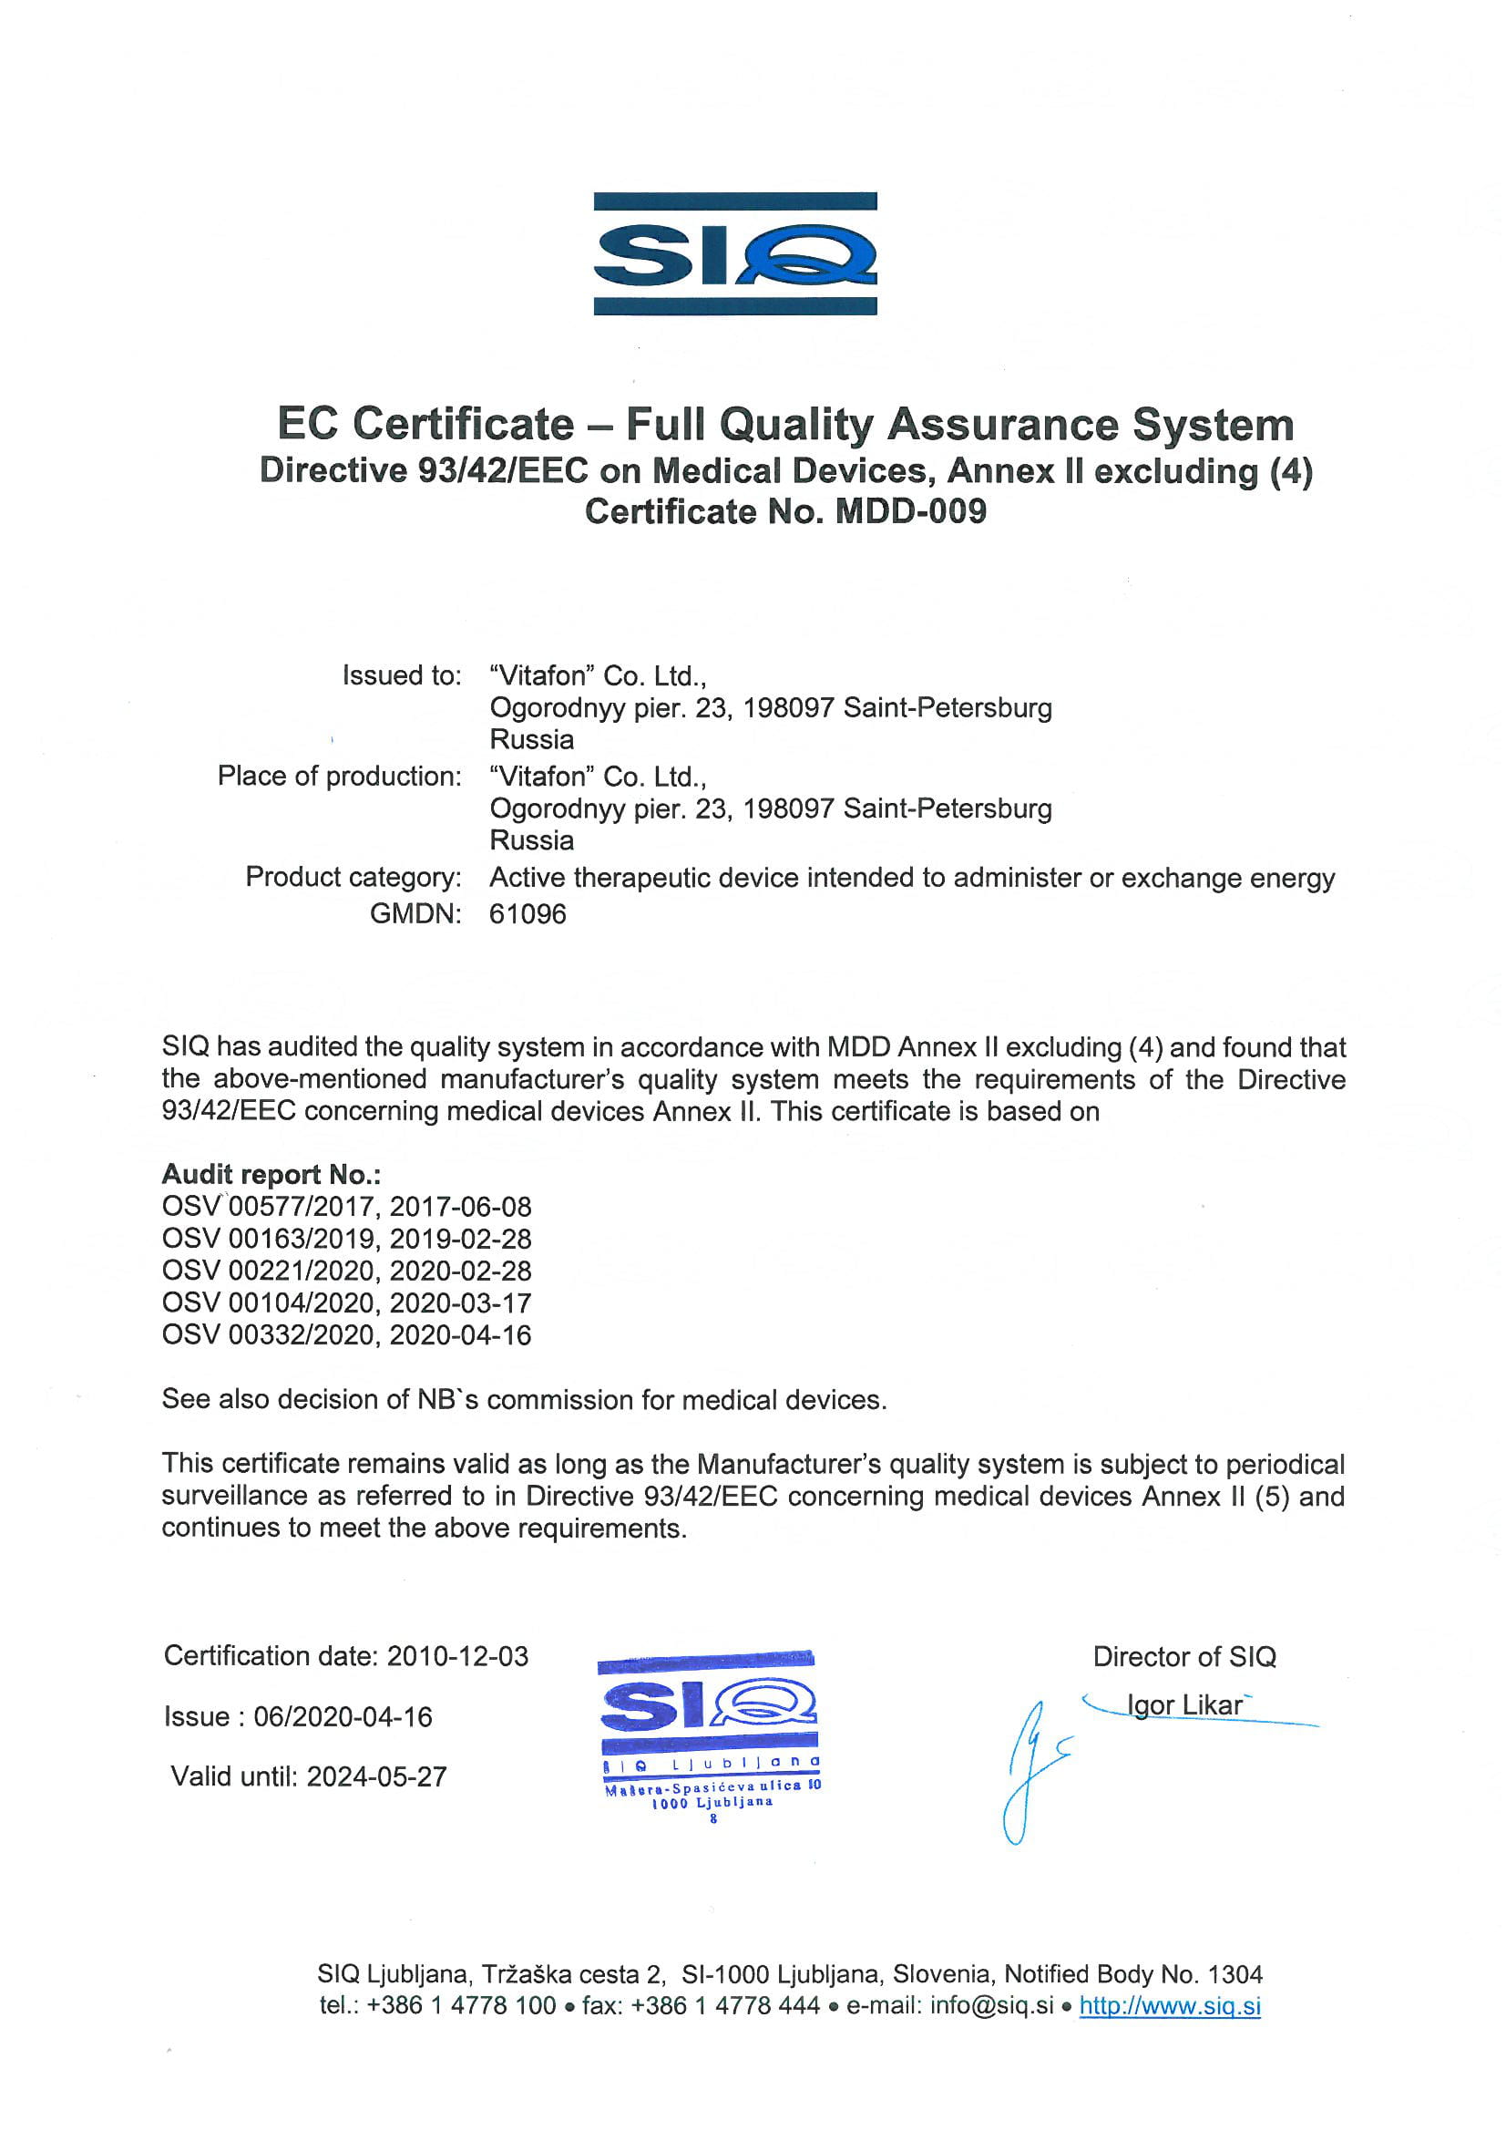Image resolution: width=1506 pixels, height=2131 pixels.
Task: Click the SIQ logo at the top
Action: tap(735, 253)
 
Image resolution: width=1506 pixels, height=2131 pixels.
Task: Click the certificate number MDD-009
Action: tap(910, 511)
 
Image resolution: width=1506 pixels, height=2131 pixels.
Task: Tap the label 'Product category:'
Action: tap(353, 877)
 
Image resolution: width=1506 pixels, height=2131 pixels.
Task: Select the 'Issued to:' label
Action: tap(401, 675)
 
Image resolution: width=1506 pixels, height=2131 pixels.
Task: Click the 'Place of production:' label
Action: tap(339, 776)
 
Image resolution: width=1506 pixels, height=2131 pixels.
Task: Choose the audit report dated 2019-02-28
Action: tap(346, 1239)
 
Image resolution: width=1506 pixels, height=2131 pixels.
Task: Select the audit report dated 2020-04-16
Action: tap(346, 1335)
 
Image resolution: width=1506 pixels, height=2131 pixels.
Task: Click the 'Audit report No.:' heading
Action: tap(271, 1174)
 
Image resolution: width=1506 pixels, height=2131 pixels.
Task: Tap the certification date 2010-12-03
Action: tap(457, 1656)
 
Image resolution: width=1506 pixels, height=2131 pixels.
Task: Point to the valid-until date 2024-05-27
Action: tap(377, 1776)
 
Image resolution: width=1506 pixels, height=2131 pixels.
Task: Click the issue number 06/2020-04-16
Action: tap(343, 1716)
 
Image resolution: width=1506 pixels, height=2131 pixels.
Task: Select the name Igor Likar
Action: tap(1184, 1705)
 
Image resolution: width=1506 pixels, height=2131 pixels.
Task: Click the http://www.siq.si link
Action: tap(1169, 2006)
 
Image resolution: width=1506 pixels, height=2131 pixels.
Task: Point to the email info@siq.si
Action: tap(991, 2006)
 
